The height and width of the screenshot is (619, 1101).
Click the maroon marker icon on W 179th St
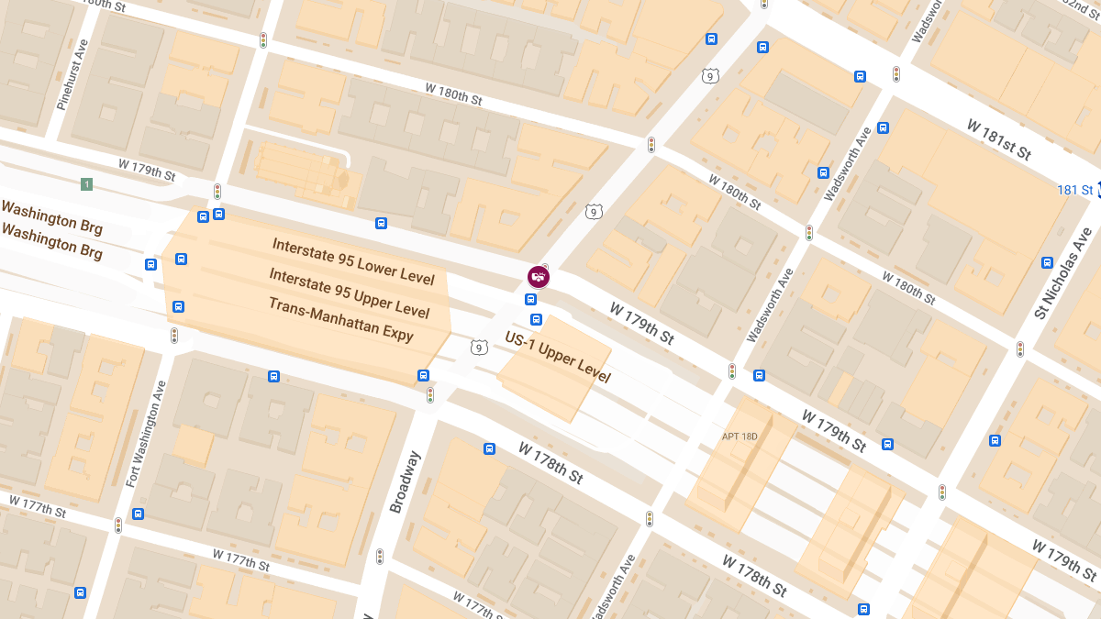539,276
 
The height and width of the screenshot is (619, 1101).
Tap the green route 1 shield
87,184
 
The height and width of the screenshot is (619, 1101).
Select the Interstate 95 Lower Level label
353,261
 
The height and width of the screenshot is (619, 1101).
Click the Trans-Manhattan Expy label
341,319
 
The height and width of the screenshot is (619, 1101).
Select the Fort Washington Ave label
148,434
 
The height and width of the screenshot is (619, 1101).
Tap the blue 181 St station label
1074,190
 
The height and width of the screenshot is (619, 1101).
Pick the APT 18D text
740,436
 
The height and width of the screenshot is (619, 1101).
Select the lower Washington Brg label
51,242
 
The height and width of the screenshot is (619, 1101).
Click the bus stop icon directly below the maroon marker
531,299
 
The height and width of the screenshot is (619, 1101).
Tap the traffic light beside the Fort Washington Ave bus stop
117,525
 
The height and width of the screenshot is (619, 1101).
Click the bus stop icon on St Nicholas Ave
1047,262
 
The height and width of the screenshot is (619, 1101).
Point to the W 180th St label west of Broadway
453,94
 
